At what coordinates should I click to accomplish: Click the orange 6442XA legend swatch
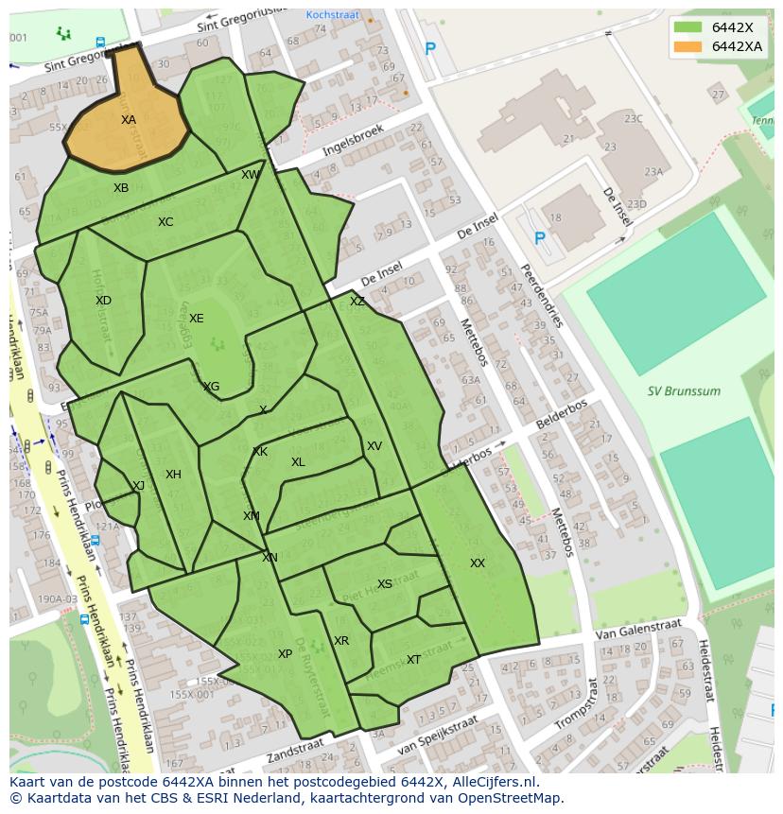coord(688,46)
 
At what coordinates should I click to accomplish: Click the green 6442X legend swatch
coord(688,27)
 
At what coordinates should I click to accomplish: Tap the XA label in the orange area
coord(129,120)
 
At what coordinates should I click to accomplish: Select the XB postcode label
coord(121,188)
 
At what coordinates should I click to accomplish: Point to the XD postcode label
coord(103,301)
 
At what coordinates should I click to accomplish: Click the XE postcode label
coord(196,319)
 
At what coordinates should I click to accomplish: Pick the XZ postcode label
coord(357,302)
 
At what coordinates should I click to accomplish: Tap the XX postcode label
coord(478,563)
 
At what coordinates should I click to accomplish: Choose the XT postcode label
coord(413,660)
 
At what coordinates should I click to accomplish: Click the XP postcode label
coord(285,654)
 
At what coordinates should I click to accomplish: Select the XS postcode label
coord(384,584)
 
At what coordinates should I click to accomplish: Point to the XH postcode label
coord(173,475)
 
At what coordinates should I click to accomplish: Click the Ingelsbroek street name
coord(353,140)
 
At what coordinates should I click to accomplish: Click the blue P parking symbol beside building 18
coord(539,239)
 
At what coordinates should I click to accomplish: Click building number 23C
coord(633,119)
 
